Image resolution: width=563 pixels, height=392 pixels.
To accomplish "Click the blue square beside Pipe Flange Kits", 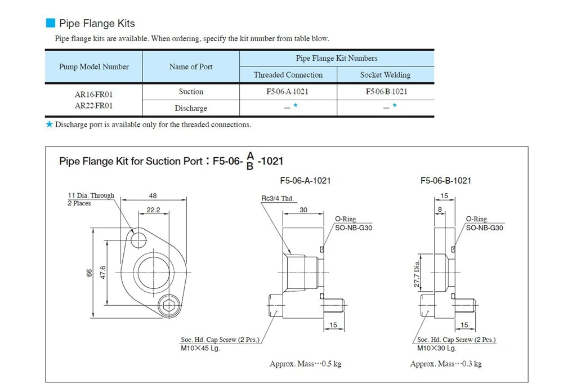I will pyautogui.click(x=50, y=23).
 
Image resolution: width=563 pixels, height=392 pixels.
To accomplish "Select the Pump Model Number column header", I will pyautogui.click(x=93, y=66).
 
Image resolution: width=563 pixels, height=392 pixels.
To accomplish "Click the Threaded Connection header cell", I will pyautogui.click(x=288, y=75).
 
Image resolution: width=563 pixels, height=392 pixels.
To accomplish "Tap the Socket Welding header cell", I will pyautogui.click(x=385, y=75).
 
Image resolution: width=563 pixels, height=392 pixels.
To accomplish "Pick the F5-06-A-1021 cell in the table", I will pyautogui.click(x=288, y=91).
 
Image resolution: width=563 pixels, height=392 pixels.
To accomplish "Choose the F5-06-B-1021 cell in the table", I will pyautogui.click(x=386, y=91).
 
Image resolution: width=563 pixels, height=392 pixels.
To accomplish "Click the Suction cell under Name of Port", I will pyautogui.click(x=191, y=91).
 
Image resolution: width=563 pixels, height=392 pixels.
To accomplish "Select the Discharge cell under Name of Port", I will pyautogui.click(x=191, y=108).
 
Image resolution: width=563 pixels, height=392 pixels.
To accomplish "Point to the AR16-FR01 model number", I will pyautogui.click(x=93, y=95).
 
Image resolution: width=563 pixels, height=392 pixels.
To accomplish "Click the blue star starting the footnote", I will pyautogui.click(x=49, y=124).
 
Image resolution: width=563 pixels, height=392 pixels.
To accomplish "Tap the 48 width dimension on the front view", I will pyautogui.click(x=153, y=196).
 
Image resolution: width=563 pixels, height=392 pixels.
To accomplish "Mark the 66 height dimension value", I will pyautogui.click(x=89, y=273).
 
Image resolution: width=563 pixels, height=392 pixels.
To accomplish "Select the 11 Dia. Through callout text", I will pyautogui.click(x=91, y=196).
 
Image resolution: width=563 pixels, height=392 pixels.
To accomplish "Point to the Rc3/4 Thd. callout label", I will pyautogui.click(x=278, y=199).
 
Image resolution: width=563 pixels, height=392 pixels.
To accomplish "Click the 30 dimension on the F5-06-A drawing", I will pyautogui.click(x=303, y=210).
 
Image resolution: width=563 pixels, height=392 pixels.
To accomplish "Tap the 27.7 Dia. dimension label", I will pyautogui.click(x=417, y=275).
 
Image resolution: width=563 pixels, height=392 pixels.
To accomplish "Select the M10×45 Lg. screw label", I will pyautogui.click(x=200, y=348).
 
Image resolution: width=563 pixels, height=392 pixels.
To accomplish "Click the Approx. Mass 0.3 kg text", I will pyautogui.click(x=446, y=364).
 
